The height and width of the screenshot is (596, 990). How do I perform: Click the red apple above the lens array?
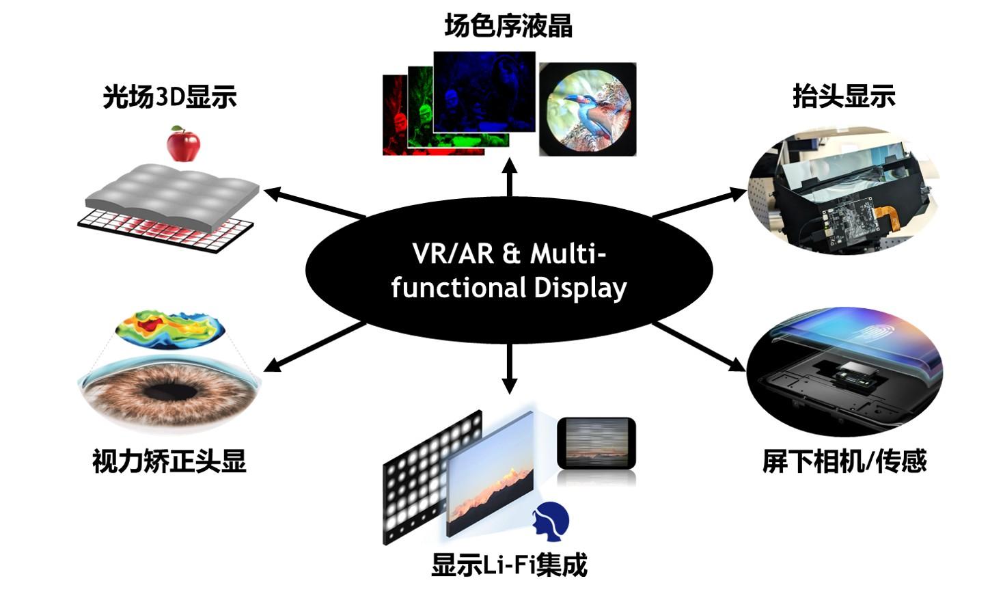click(183, 144)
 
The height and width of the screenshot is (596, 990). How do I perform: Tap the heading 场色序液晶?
click(508, 26)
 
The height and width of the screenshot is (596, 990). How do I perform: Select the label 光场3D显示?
click(169, 96)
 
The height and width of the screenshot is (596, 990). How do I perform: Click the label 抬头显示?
click(844, 96)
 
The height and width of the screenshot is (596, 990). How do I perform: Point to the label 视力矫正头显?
click(169, 461)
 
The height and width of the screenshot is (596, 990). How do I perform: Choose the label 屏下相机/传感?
click(844, 461)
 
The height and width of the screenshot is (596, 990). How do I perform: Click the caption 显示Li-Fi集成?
click(509, 565)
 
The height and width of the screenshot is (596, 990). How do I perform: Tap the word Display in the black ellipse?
click(580, 288)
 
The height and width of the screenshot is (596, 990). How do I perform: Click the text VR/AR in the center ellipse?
click(452, 254)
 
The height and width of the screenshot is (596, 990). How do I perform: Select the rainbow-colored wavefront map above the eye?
click(170, 329)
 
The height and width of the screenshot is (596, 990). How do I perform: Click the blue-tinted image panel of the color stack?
click(484, 92)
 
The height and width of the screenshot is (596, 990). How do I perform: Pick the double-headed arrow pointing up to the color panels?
click(510, 177)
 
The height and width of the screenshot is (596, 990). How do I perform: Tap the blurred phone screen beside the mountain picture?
click(596, 443)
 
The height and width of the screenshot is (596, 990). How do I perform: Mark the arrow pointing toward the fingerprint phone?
click(699, 347)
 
